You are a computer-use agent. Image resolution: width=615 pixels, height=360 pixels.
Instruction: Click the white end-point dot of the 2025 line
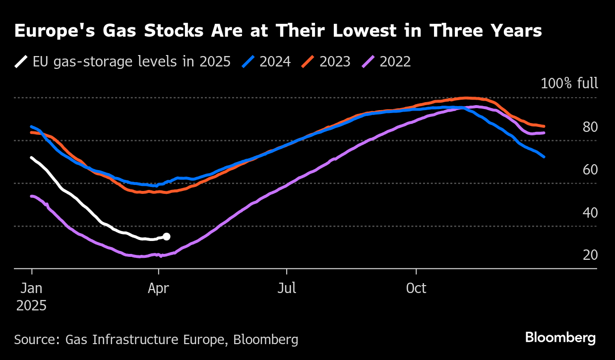167,237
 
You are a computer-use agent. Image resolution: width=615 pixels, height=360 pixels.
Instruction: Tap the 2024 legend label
275,62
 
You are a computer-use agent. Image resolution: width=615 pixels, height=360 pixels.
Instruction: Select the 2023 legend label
335,62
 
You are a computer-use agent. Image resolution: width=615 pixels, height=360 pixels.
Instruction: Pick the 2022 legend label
395,62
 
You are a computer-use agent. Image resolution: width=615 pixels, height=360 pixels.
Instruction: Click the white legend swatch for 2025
21,62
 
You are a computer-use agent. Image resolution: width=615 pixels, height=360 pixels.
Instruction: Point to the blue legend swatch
248,62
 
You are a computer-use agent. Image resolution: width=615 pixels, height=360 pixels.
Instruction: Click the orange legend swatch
308,62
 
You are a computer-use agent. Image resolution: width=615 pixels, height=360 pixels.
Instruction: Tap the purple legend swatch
369,62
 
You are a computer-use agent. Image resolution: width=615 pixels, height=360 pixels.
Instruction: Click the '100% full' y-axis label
569,83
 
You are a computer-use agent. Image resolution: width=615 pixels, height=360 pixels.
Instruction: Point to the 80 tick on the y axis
590,127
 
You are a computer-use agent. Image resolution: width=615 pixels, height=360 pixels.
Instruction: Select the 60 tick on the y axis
590,170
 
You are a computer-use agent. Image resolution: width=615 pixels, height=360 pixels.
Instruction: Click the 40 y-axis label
590,213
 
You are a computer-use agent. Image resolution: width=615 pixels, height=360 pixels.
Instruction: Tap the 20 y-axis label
590,255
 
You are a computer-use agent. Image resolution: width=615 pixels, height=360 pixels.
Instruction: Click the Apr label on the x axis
158,288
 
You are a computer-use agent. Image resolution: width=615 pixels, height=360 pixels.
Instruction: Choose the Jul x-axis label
286,288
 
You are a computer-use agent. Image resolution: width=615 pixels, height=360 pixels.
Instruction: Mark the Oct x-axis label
416,288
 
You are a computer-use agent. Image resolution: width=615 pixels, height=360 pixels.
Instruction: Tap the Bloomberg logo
560,338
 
